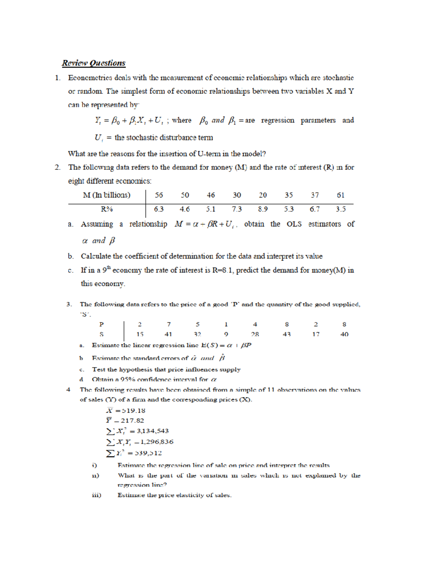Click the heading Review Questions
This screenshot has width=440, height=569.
pos(93,63)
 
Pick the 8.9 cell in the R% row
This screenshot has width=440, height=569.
pos(263,209)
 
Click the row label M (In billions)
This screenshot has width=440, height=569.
pos(106,195)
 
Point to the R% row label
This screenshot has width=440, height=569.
pos(107,209)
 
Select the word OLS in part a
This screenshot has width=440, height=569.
pos(294,224)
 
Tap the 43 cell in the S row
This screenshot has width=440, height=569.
pos(287,334)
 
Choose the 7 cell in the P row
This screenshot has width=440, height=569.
pos(169,324)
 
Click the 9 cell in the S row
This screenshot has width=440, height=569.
pos(226,334)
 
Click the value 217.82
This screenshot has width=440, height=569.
pos(132,421)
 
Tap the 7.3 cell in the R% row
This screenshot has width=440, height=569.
pos(236,209)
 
